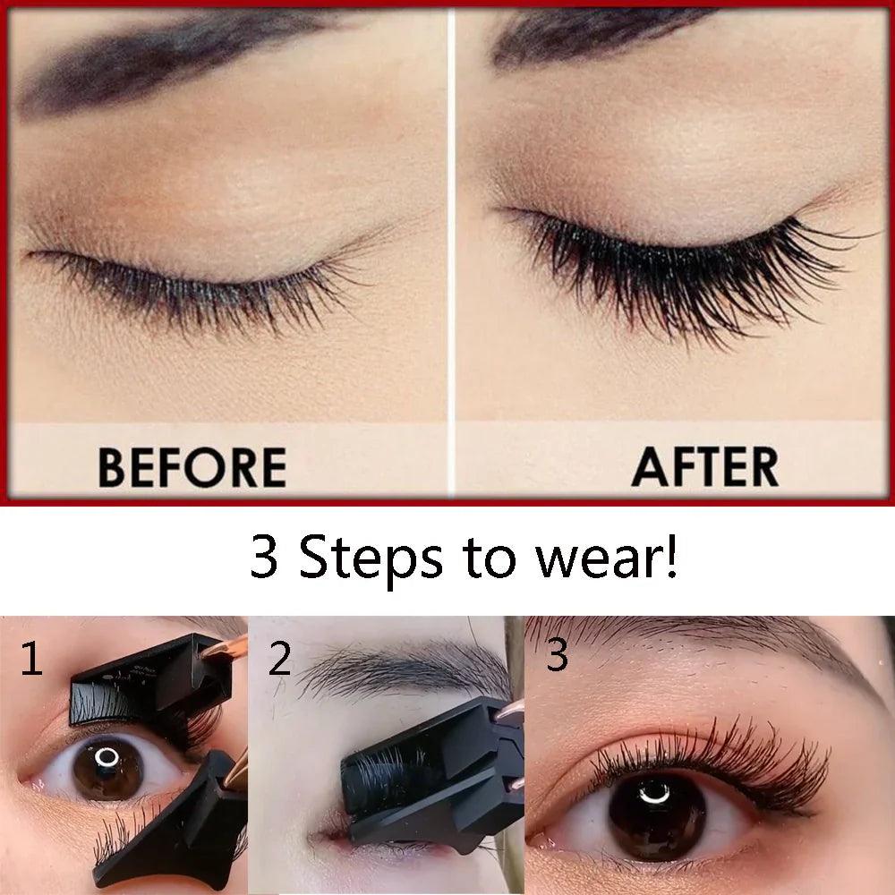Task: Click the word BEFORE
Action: coord(192,467)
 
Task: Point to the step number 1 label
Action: coord(31,660)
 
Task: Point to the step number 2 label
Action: coord(279,660)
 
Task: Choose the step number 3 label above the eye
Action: coord(557,656)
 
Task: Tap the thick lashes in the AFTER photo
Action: coord(680,268)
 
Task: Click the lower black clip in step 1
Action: coord(179,823)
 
